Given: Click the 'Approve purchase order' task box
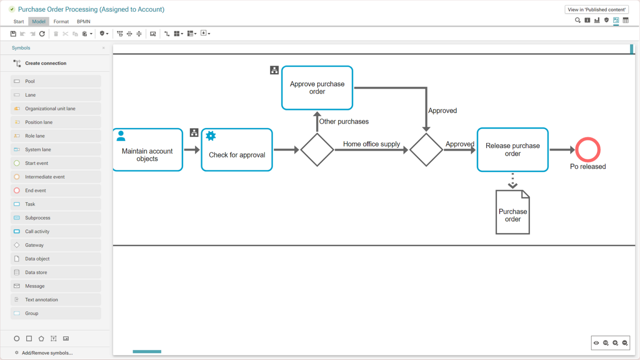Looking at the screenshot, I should pos(317,88).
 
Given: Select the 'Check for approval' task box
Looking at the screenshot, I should pos(237,150).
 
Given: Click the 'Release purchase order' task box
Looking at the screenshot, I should pos(512,150).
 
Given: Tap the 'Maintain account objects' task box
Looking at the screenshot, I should pos(147,150).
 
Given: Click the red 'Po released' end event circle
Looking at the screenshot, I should pos(587,150).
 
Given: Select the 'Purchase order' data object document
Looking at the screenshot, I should pos(512,212).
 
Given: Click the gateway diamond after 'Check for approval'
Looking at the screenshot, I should pos(317,150).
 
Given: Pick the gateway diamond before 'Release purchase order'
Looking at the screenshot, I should pos(426,150).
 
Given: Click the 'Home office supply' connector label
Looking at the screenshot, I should pos(371,144).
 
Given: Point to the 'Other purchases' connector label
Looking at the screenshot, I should pos(344,122).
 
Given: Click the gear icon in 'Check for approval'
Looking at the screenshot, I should pos(211,136).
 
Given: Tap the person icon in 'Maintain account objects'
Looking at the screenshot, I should pos(121,136).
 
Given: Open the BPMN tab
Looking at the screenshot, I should pos(83,22).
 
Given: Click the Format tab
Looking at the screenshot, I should pos(61,22).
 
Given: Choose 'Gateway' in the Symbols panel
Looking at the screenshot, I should pos(34,245).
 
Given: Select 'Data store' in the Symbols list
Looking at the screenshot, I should pos(36,272).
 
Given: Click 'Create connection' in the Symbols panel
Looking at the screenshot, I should pos(45,63).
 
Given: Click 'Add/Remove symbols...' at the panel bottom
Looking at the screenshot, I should pos(47,353).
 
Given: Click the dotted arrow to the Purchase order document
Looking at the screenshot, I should pos(512,181).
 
